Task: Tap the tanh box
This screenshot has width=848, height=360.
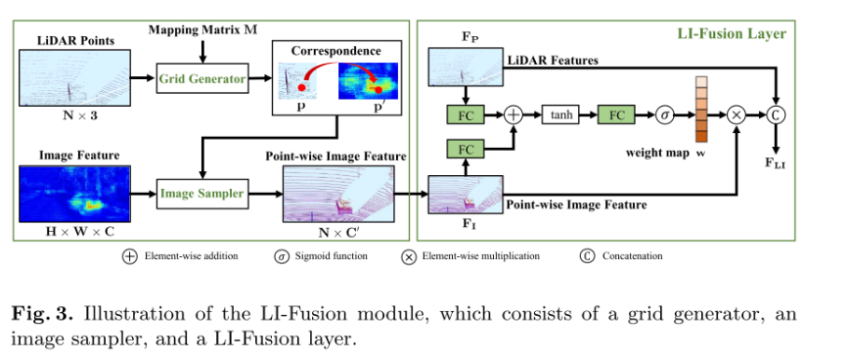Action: coord(561,115)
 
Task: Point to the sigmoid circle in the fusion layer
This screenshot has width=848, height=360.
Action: coord(664,115)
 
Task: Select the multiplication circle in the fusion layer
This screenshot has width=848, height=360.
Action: coord(736,115)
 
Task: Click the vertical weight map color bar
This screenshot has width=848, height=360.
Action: coord(700,109)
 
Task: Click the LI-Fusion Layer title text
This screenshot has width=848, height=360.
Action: coord(732,33)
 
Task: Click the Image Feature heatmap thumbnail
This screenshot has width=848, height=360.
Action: coord(73,193)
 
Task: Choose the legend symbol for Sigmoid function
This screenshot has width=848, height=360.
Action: coord(282,257)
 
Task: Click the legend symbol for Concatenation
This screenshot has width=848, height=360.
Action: coord(587,257)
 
